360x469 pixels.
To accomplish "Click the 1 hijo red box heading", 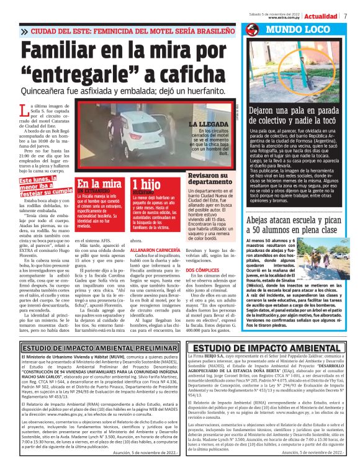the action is click(x=148, y=184).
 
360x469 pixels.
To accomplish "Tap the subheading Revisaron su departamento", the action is click(x=215, y=179).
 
